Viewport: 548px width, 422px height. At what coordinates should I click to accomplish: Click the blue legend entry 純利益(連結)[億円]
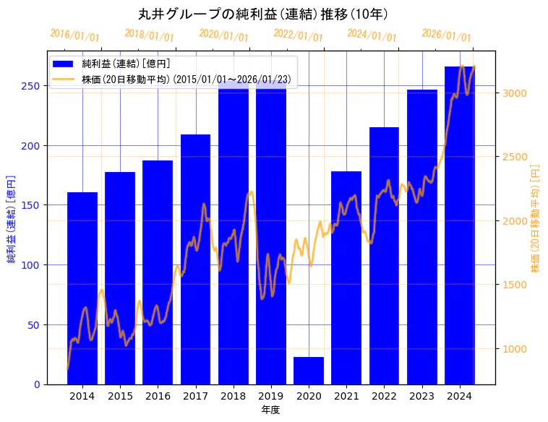coord(126,64)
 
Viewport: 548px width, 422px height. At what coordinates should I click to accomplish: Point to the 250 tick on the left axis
coord(33,85)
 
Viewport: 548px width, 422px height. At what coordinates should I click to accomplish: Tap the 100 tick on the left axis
coord(33,264)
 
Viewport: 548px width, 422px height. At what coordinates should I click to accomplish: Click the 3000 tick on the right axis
coord(515,93)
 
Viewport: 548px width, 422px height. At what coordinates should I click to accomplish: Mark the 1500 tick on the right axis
coord(515,285)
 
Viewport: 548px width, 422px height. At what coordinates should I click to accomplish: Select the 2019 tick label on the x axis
coord(271,396)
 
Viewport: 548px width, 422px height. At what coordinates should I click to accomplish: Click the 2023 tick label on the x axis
coord(421,396)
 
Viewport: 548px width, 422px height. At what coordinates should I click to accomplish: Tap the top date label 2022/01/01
coord(298,35)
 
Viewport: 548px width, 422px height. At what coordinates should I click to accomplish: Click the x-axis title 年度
coord(270,410)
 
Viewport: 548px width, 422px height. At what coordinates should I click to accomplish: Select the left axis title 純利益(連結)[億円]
coord(12,218)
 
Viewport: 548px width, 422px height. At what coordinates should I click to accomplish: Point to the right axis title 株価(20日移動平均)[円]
coord(536,218)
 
